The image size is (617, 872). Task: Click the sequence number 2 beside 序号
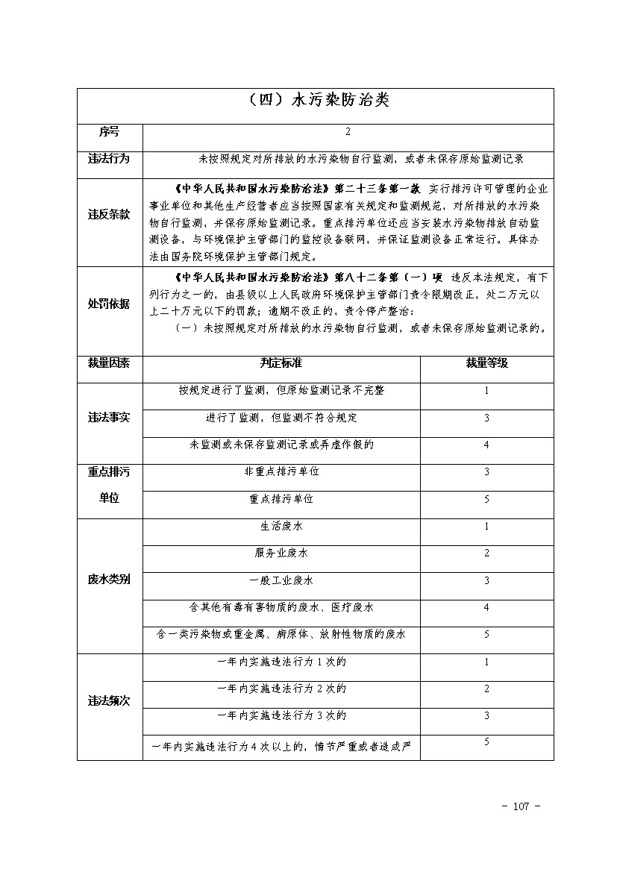click(348, 132)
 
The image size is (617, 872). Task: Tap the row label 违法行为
click(109, 159)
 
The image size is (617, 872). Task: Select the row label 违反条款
click(109, 215)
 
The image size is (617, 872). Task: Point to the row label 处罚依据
click(109, 304)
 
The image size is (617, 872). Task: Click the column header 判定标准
click(281, 363)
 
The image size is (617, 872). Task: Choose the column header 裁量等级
click(486, 363)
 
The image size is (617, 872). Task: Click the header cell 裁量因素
click(109, 363)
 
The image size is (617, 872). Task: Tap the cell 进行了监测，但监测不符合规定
click(281, 418)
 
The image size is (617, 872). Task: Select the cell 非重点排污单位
click(281, 472)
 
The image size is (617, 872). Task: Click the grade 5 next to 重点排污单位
click(486, 499)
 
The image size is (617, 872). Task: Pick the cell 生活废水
click(281, 527)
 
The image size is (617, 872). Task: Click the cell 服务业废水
click(281, 553)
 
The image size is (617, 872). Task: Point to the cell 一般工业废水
click(281, 580)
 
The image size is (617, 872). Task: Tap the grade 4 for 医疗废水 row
click(486, 608)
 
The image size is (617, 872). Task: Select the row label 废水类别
click(109, 580)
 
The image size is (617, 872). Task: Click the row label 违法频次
click(109, 702)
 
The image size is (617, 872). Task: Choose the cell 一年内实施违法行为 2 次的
click(281, 689)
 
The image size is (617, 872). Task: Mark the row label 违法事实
click(109, 418)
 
